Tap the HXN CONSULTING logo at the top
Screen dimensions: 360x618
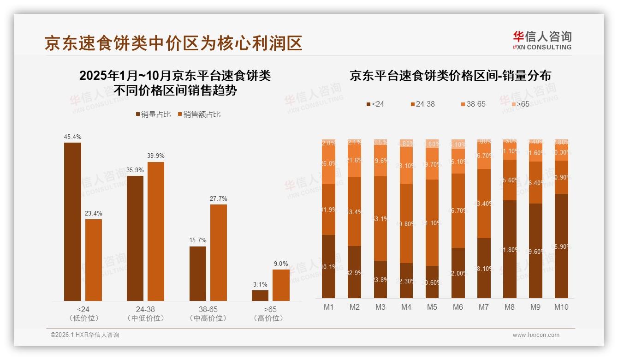point(542,41)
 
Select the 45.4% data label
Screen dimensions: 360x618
point(73,137)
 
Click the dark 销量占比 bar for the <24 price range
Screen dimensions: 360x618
point(73,222)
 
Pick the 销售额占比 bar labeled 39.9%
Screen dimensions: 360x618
point(156,231)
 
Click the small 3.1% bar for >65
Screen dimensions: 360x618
point(260,295)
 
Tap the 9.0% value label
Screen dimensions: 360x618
point(281,264)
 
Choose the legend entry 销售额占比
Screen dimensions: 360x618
point(199,114)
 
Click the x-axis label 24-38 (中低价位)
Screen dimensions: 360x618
point(145,313)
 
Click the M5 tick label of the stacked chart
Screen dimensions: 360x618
point(432,307)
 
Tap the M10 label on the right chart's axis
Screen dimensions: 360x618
point(561,307)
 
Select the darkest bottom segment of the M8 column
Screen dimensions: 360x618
point(510,249)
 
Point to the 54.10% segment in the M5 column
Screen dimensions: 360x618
point(432,222)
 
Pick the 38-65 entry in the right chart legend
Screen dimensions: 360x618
point(473,104)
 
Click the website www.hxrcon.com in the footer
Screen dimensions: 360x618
point(536,335)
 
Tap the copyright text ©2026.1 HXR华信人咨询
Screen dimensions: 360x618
point(85,335)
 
